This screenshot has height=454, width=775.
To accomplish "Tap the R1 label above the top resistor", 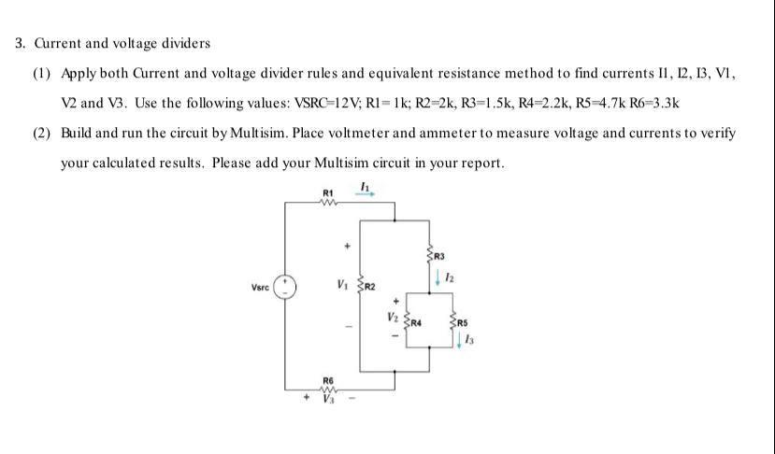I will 327,192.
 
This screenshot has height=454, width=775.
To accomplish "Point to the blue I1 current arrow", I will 366,196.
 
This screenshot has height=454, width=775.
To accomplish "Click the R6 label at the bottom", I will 327,380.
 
